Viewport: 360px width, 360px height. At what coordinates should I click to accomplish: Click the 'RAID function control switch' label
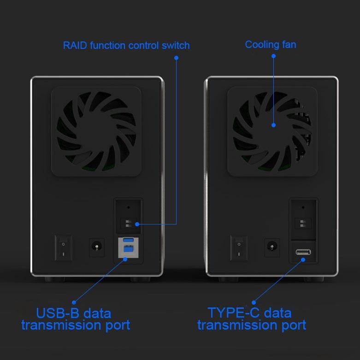126,46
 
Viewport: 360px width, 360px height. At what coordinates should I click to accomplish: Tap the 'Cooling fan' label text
270,45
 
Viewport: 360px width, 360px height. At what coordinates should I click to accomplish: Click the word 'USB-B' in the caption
57,313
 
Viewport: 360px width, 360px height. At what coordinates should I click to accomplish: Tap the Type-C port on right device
303,253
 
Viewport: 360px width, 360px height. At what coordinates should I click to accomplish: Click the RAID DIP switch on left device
127,224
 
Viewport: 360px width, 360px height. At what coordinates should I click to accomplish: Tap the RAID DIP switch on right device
302,224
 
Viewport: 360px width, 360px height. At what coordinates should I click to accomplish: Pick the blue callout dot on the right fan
273,125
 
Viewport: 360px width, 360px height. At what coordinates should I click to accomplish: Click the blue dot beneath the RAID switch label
176,58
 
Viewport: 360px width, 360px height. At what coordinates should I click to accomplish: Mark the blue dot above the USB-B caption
74,302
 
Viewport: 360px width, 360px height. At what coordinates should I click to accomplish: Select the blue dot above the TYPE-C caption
253,302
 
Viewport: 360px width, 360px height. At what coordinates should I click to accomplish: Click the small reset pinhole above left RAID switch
128,207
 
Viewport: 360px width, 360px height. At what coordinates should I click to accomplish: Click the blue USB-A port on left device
128,240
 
